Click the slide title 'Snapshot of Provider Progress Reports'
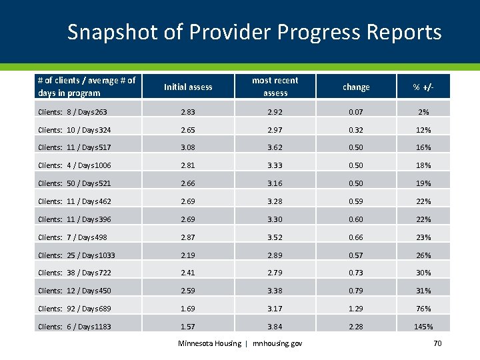click(x=254, y=32)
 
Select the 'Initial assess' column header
click(x=188, y=87)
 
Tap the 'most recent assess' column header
click(x=275, y=87)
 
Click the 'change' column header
click(x=356, y=87)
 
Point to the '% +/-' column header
click(x=423, y=87)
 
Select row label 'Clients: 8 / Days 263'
click(x=73, y=112)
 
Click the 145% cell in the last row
click(x=423, y=327)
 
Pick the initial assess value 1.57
click(x=188, y=327)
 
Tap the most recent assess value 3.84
click(x=275, y=327)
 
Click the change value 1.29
click(x=356, y=309)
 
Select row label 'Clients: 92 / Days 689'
click(x=75, y=309)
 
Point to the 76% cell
click(x=423, y=309)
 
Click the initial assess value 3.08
click(x=188, y=148)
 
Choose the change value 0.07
click(x=356, y=112)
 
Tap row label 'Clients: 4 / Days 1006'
click(x=75, y=165)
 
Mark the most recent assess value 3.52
click(x=275, y=237)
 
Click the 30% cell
click(x=423, y=273)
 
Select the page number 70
click(x=437, y=343)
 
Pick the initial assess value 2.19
click(x=188, y=255)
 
